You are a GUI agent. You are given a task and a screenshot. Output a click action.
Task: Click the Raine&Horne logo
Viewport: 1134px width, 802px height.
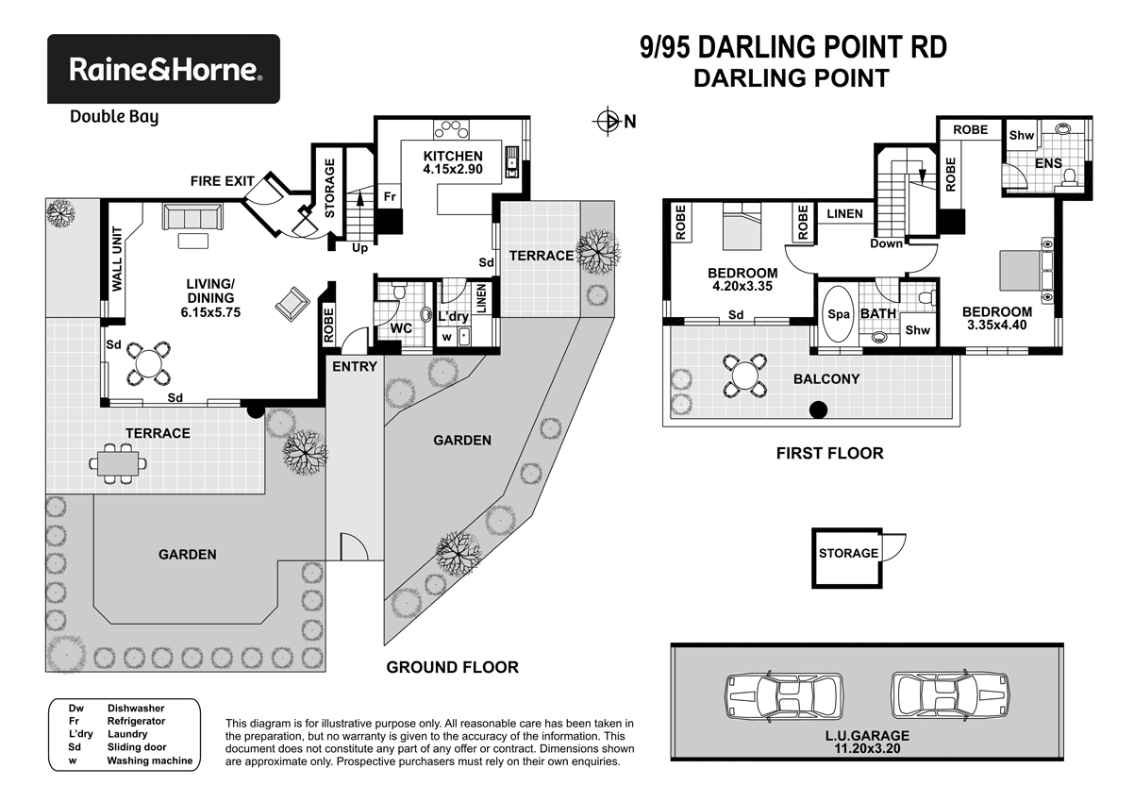pyautogui.click(x=163, y=69)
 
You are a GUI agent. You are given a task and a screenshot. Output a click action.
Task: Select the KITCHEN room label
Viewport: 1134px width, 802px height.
pyautogui.click(x=452, y=156)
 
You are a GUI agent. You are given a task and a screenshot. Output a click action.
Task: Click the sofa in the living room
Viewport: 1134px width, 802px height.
pyautogui.click(x=193, y=216)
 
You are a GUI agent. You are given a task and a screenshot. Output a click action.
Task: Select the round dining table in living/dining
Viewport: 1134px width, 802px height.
pyautogui.click(x=149, y=361)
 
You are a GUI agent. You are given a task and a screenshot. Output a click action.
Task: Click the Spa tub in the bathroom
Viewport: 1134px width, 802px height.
pyautogui.click(x=836, y=314)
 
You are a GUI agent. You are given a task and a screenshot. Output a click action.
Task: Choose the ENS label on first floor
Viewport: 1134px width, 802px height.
pyautogui.click(x=1048, y=164)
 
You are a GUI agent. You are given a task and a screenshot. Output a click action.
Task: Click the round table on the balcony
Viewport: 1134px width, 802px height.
pyautogui.click(x=745, y=376)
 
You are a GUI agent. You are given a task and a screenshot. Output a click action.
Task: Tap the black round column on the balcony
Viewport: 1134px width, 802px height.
pyautogui.click(x=819, y=409)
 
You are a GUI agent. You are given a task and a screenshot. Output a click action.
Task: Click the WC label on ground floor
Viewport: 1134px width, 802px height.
pyautogui.click(x=401, y=328)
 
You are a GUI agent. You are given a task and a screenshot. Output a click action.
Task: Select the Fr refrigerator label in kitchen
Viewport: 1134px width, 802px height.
pyautogui.click(x=388, y=197)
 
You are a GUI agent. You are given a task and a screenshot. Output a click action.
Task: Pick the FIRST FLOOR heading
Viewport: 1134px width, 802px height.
pyautogui.click(x=829, y=454)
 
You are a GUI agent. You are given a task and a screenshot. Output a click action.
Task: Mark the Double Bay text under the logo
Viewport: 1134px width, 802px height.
pyautogui.click(x=114, y=117)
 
